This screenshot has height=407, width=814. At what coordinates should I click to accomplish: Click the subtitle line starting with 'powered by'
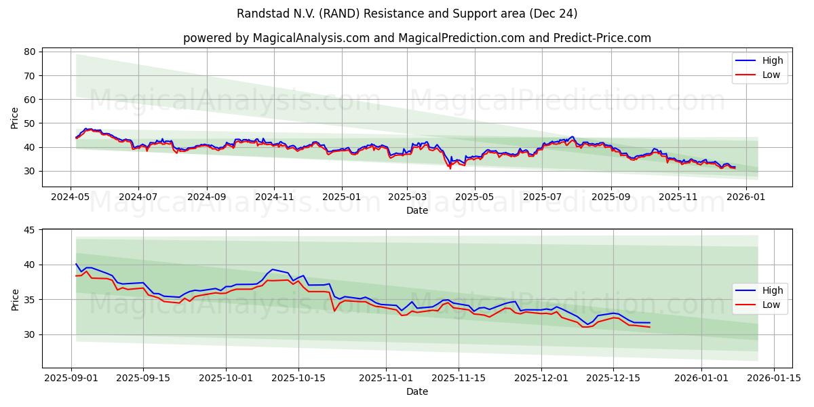click(416, 38)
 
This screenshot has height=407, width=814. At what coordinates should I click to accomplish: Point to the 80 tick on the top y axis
click(29, 52)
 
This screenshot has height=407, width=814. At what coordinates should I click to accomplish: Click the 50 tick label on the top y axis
click(29, 123)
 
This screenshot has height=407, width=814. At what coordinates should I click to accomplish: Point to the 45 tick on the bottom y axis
click(29, 230)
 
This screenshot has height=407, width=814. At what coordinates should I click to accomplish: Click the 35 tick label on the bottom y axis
click(29, 300)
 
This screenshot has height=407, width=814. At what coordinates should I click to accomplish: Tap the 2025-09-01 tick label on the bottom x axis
click(71, 377)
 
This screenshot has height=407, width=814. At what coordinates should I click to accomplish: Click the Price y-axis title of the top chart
click(15, 117)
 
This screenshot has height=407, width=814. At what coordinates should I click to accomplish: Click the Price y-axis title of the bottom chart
click(15, 299)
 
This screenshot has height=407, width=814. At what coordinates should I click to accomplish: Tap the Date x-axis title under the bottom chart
click(416, 391)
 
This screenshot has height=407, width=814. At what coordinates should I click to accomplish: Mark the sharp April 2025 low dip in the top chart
click(450, 168)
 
